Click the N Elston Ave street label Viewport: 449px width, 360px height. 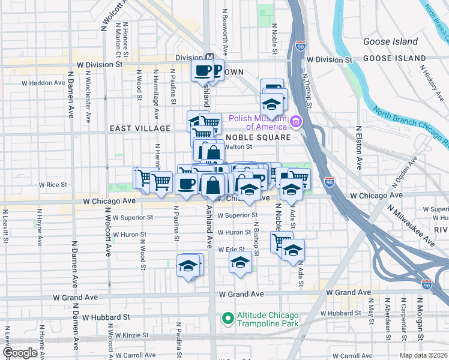coord(359,147)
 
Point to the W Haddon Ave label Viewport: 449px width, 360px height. coord(43,83)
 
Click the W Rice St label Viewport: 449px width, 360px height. coord(53,185)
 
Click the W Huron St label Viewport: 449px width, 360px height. coord(234,232)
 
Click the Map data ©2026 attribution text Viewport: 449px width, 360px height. coord(423,355)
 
